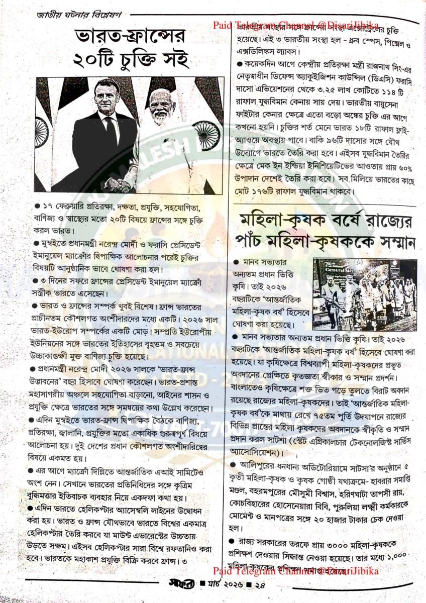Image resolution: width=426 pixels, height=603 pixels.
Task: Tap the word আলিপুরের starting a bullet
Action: (262, 463)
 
